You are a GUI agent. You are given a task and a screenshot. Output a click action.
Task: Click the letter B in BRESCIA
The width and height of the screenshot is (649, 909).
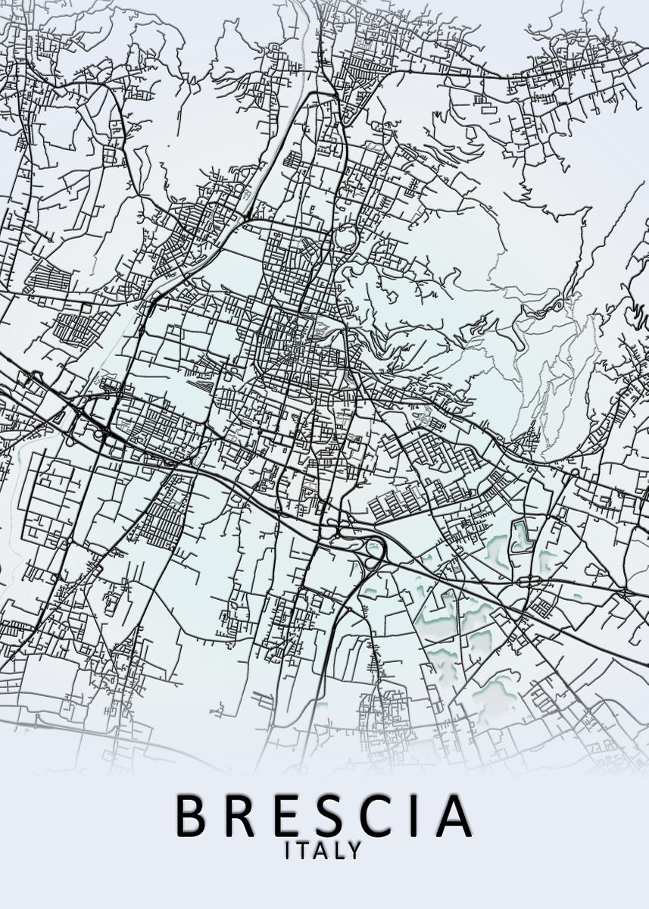click(x=192, y=814)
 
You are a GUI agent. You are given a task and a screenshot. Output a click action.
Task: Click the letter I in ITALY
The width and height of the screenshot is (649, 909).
click(x=288, y=851)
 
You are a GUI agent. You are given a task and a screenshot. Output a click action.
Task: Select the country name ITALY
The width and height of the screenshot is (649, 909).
click(x=323, y=851)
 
